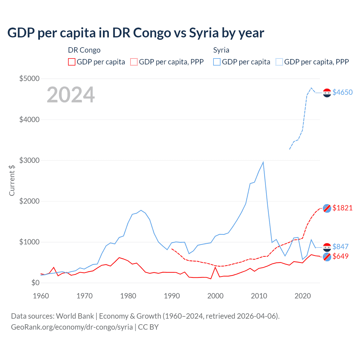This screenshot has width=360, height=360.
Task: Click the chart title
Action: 136,33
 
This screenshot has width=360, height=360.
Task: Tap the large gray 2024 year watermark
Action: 71,95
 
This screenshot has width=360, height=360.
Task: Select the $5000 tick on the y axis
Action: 29,78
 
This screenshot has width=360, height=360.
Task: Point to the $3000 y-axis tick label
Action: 29,160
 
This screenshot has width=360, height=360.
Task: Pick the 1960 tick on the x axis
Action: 41,296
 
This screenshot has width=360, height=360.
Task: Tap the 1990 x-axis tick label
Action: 172,296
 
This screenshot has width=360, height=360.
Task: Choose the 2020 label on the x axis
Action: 303,296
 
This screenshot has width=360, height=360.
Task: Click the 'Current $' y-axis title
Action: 12,180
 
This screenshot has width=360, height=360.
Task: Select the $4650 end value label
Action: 342,92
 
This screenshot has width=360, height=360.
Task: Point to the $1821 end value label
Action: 342,208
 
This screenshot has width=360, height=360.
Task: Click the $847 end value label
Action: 340,247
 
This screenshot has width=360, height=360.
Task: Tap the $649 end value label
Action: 340,256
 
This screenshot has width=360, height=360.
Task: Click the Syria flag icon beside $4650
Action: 327,93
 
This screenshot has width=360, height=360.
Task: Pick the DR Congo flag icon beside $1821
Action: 327,208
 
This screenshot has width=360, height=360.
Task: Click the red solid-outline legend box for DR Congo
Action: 72,62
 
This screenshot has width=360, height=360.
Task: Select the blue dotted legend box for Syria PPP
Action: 279,62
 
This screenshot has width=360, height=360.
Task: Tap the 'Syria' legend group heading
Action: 221,50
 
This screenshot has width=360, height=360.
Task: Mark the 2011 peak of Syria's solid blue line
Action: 263,162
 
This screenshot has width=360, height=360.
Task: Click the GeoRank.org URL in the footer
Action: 72,327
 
